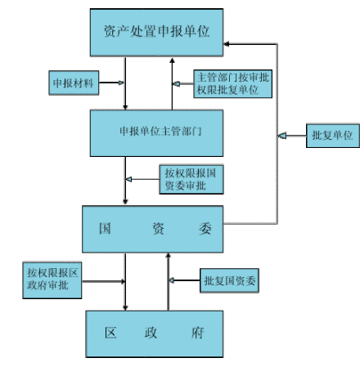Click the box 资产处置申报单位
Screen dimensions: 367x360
156,32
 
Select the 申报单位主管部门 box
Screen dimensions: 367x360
155,130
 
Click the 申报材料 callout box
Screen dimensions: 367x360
74,83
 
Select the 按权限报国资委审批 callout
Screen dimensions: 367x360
191,180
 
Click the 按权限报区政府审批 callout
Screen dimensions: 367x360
51,279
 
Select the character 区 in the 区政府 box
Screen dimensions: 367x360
111,333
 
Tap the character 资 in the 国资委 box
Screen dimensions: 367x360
155,229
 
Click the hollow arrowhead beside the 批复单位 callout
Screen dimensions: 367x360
281,134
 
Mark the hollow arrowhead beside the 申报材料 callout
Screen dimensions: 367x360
121,83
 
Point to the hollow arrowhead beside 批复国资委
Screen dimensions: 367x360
172,281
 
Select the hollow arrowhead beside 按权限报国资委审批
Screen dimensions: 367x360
128,180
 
